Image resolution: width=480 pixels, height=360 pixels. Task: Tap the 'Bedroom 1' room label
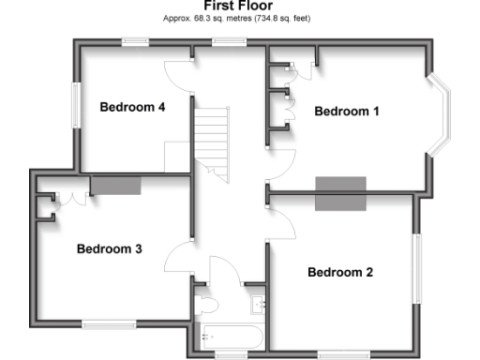[347, 112]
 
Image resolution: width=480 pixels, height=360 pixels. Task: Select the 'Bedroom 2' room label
[340, 273]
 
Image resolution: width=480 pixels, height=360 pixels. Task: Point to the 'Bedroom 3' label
[109, 249]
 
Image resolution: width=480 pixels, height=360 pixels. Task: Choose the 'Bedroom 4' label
[132, 107]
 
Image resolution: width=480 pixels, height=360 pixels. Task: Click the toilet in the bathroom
[206, 304]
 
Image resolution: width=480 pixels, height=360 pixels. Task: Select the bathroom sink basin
[259, 304]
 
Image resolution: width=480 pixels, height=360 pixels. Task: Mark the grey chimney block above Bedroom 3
[115, 185]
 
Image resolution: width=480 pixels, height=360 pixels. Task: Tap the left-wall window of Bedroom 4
[78, 105]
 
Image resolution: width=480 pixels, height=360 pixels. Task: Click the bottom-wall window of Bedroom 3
[106, 324]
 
